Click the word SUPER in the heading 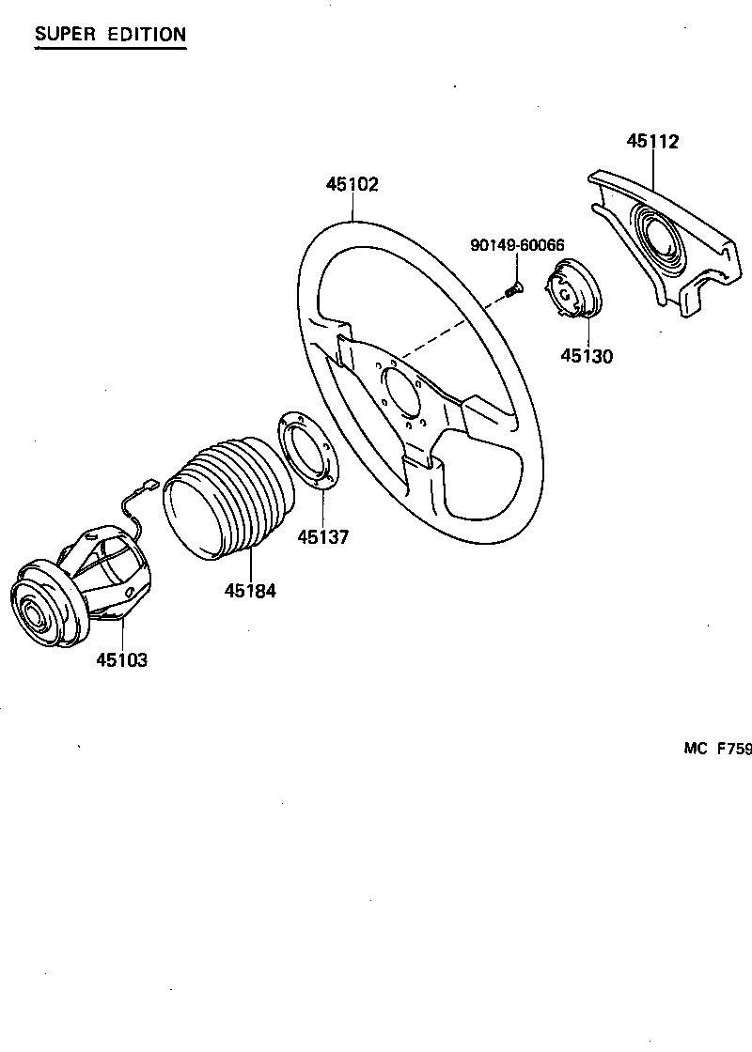pos(65,35)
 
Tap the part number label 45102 pos(352,185)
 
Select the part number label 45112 pos(652,142)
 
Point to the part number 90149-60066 pos(517,245)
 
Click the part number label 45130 pos(587,356)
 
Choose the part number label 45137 pos(322,537)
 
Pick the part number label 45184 pos(250,591)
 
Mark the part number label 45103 pos(121,659)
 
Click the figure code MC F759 pos(717,749)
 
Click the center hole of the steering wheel pos(403,392)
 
